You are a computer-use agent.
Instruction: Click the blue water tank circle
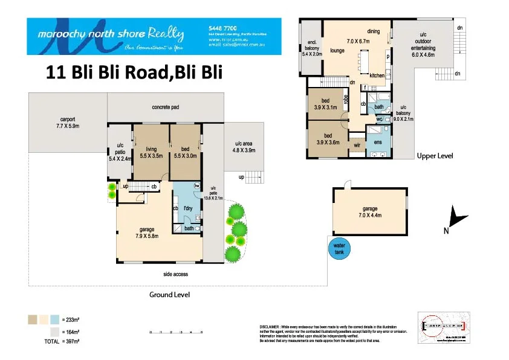339,248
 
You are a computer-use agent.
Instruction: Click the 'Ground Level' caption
169,295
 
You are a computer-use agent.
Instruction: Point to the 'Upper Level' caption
435,156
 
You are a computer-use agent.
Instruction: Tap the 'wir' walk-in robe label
357,145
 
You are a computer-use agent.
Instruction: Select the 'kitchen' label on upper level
377,76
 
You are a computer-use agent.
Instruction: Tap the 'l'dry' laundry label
188,208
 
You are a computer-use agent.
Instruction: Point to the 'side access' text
176,274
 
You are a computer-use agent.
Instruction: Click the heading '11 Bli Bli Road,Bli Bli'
134,72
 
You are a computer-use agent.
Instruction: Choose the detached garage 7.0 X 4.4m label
369,211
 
